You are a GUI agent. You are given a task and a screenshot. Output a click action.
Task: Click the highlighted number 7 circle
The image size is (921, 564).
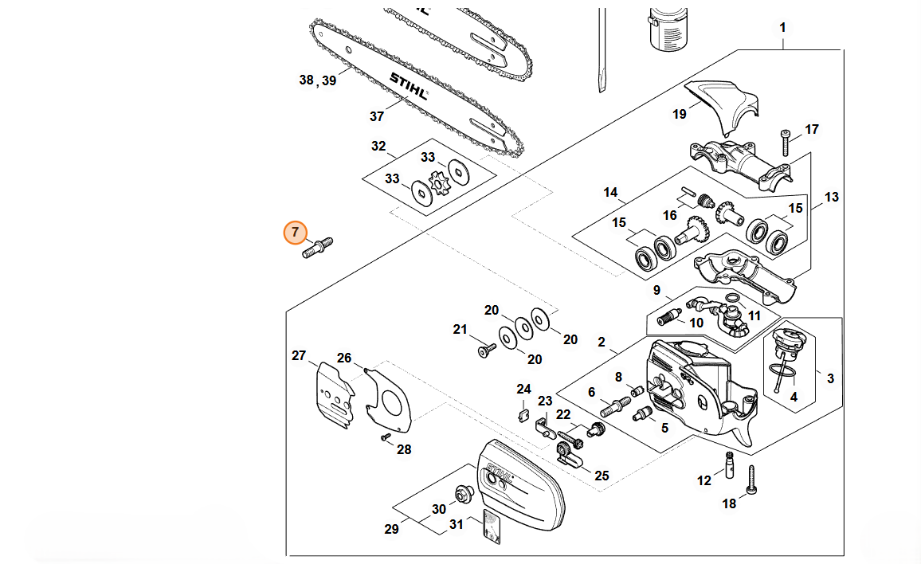pos(295,233)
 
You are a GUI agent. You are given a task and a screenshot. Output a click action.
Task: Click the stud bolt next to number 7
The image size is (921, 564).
pos(318,247)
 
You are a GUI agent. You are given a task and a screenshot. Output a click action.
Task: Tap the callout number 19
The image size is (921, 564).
pos(679,114)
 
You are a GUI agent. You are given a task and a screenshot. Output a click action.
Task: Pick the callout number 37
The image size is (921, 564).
pos(377,116)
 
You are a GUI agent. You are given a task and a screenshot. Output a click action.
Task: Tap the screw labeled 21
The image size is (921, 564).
pos(486,349)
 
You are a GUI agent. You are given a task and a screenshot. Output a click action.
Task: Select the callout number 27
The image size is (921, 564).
pos(299,355)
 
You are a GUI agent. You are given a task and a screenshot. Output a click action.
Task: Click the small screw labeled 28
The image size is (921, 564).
pos(386,436)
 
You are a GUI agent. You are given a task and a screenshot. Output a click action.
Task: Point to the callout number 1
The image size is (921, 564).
pos(782,28)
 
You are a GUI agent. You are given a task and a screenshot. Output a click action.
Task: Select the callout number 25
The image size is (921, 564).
pos(602,476)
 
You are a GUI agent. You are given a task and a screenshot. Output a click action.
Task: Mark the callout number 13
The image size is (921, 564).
pos(832,197)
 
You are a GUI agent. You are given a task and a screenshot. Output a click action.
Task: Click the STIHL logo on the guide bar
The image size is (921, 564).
pos(407,85)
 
